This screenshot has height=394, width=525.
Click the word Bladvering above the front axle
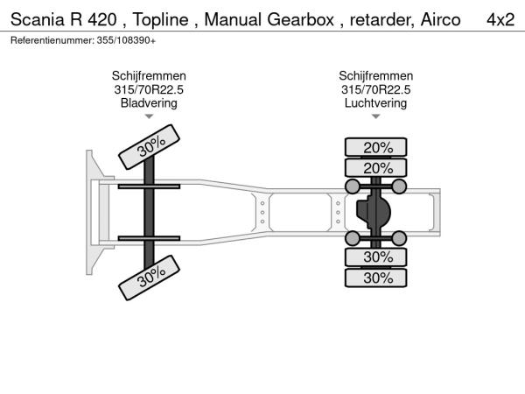149,102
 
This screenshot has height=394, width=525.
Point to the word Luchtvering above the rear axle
375,102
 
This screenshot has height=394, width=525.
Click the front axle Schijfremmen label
149,76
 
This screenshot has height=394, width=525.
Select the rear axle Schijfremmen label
375,76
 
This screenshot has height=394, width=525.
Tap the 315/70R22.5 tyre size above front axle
149,89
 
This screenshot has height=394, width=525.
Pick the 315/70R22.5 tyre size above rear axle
375,89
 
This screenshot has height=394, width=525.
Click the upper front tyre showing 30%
150,144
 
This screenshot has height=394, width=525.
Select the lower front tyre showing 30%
150,278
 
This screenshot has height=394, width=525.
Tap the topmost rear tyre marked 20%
377,147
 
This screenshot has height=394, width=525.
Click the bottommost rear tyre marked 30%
377,278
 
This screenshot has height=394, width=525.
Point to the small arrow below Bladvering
149,116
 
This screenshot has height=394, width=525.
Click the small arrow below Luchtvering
375,116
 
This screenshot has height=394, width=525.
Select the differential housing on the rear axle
374,212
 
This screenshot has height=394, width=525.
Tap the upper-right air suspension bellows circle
399,186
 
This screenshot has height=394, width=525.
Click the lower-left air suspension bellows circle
352,238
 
